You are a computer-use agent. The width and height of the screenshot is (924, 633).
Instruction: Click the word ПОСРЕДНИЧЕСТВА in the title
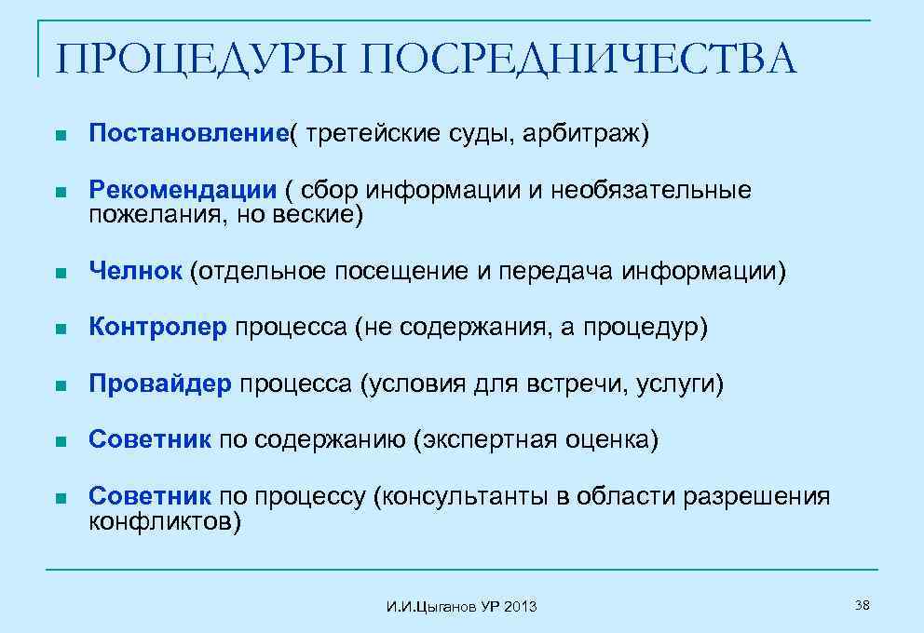(578, 59)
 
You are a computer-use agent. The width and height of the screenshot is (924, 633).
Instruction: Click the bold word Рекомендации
(183, 190)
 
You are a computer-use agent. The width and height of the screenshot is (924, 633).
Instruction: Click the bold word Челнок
(135, 271)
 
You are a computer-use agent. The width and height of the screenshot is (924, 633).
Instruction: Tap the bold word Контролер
(157, 328)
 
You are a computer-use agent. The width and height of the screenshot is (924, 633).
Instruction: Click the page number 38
(862, 606)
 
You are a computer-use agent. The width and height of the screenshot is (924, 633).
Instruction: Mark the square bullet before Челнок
(61, 272)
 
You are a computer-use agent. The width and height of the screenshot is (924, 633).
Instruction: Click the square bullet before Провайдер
(61, 384)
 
